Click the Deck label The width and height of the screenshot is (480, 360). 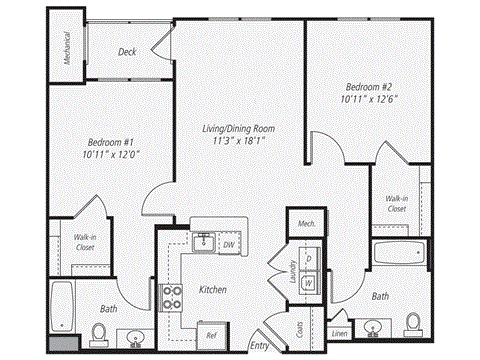pyautogui.click(x=127, y=52)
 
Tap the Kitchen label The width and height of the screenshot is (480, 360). pyautogui.click(x=212, y=289)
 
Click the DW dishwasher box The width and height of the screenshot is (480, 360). pyautogui.click(x=229, y=243)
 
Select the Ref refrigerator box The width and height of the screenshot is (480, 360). pyautogui.click(x=211, y=334)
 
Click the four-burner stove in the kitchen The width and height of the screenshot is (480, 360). pyautogui.click(x=172, y=296)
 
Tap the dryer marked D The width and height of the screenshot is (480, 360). pyautogui.click(x=308, y=260)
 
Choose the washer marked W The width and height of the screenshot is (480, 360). pyautogui.click(x=308, y=282)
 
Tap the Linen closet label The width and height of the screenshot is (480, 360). pyautogui.click(x=340, y=333)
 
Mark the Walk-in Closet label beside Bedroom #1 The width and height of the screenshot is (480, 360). pyautogui.click(x=85, y=243)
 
